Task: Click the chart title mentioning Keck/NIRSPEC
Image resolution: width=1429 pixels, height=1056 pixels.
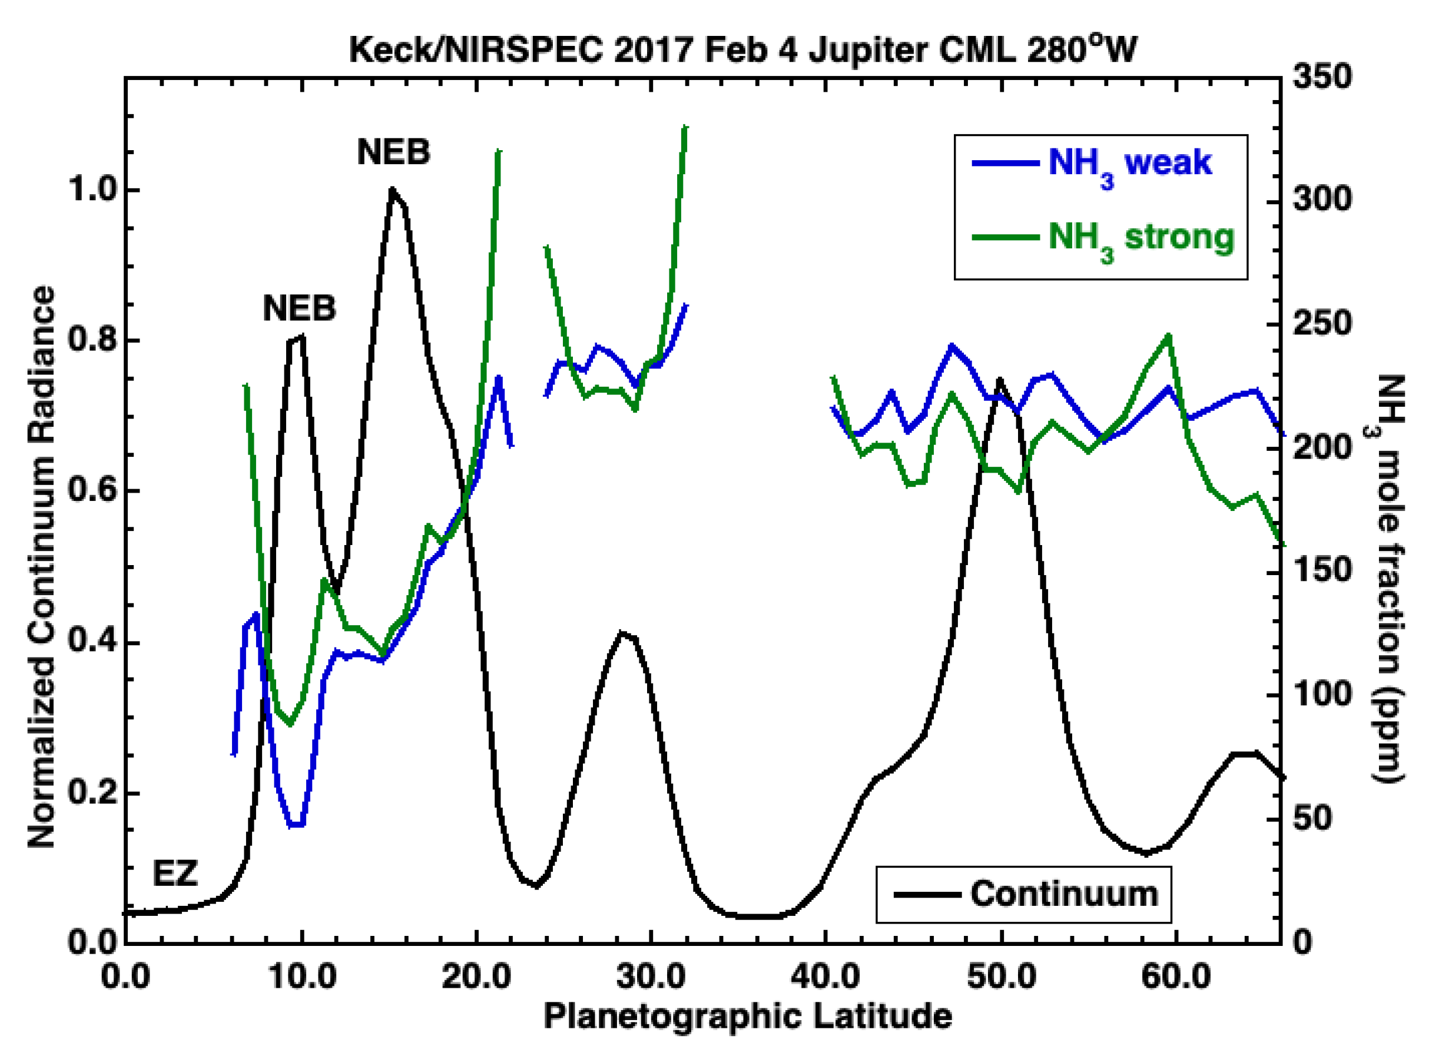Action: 742,50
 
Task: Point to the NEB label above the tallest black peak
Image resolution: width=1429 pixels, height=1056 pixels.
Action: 393,152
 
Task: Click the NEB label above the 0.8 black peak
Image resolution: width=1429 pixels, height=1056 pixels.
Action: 299,308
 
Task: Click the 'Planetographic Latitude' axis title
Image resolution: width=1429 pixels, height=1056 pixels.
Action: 747,1017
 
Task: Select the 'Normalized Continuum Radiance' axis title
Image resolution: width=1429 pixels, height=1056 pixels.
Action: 42,567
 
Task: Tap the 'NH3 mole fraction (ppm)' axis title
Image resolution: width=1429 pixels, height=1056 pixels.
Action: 1389,579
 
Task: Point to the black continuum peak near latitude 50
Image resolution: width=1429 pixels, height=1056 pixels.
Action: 999,380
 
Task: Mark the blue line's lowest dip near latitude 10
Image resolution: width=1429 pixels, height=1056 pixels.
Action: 297,825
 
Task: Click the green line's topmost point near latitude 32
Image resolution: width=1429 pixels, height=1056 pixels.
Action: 685,127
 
